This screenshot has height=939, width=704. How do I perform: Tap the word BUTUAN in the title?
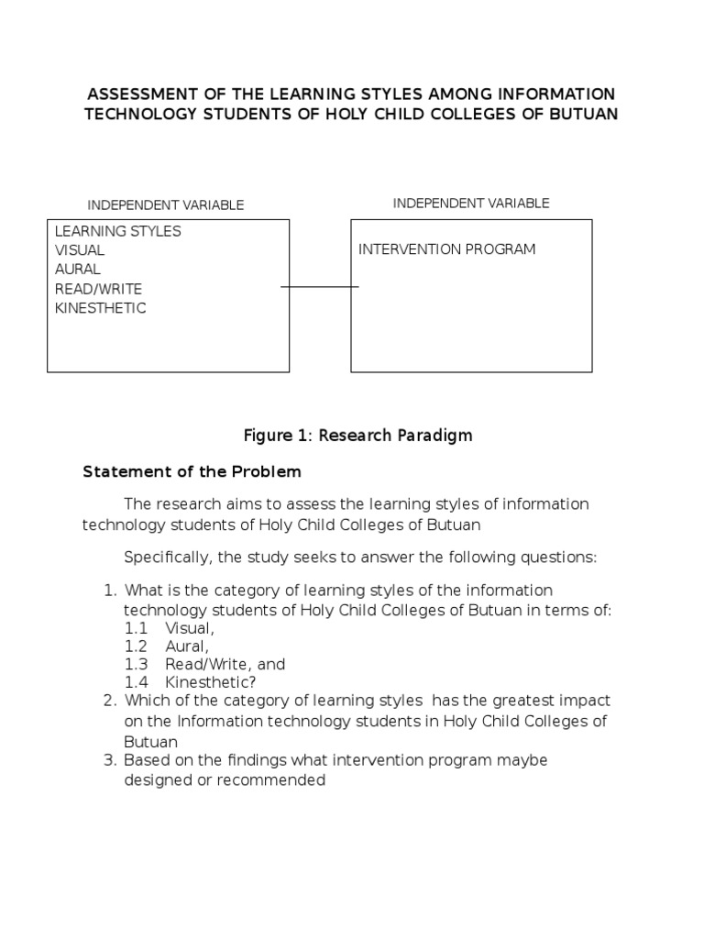[x=581, y=114]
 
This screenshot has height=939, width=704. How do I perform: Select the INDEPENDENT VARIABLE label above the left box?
[x=165, y=205]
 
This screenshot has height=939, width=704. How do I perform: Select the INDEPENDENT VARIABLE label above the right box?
[x=471, y=203]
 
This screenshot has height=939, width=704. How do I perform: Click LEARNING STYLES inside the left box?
[x=118, y=231]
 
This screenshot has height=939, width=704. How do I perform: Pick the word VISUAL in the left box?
[x=80, y=250]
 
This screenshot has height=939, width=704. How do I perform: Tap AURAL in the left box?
[x=78, y=270]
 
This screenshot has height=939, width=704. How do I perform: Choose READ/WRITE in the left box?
[x=92, y=289]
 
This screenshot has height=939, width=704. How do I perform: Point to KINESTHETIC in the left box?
[x=101, y=308]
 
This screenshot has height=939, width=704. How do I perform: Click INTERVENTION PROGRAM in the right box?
[x=447, y=249]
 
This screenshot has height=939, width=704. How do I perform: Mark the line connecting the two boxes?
[x=320, y=287]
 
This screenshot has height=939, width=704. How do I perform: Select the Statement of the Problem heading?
[x=192, y=472]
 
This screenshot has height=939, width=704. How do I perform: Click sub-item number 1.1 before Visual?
[x=136, y=628]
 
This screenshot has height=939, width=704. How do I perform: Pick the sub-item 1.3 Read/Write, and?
[x=205, y=664]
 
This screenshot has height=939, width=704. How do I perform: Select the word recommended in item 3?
[x=282, y=780]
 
